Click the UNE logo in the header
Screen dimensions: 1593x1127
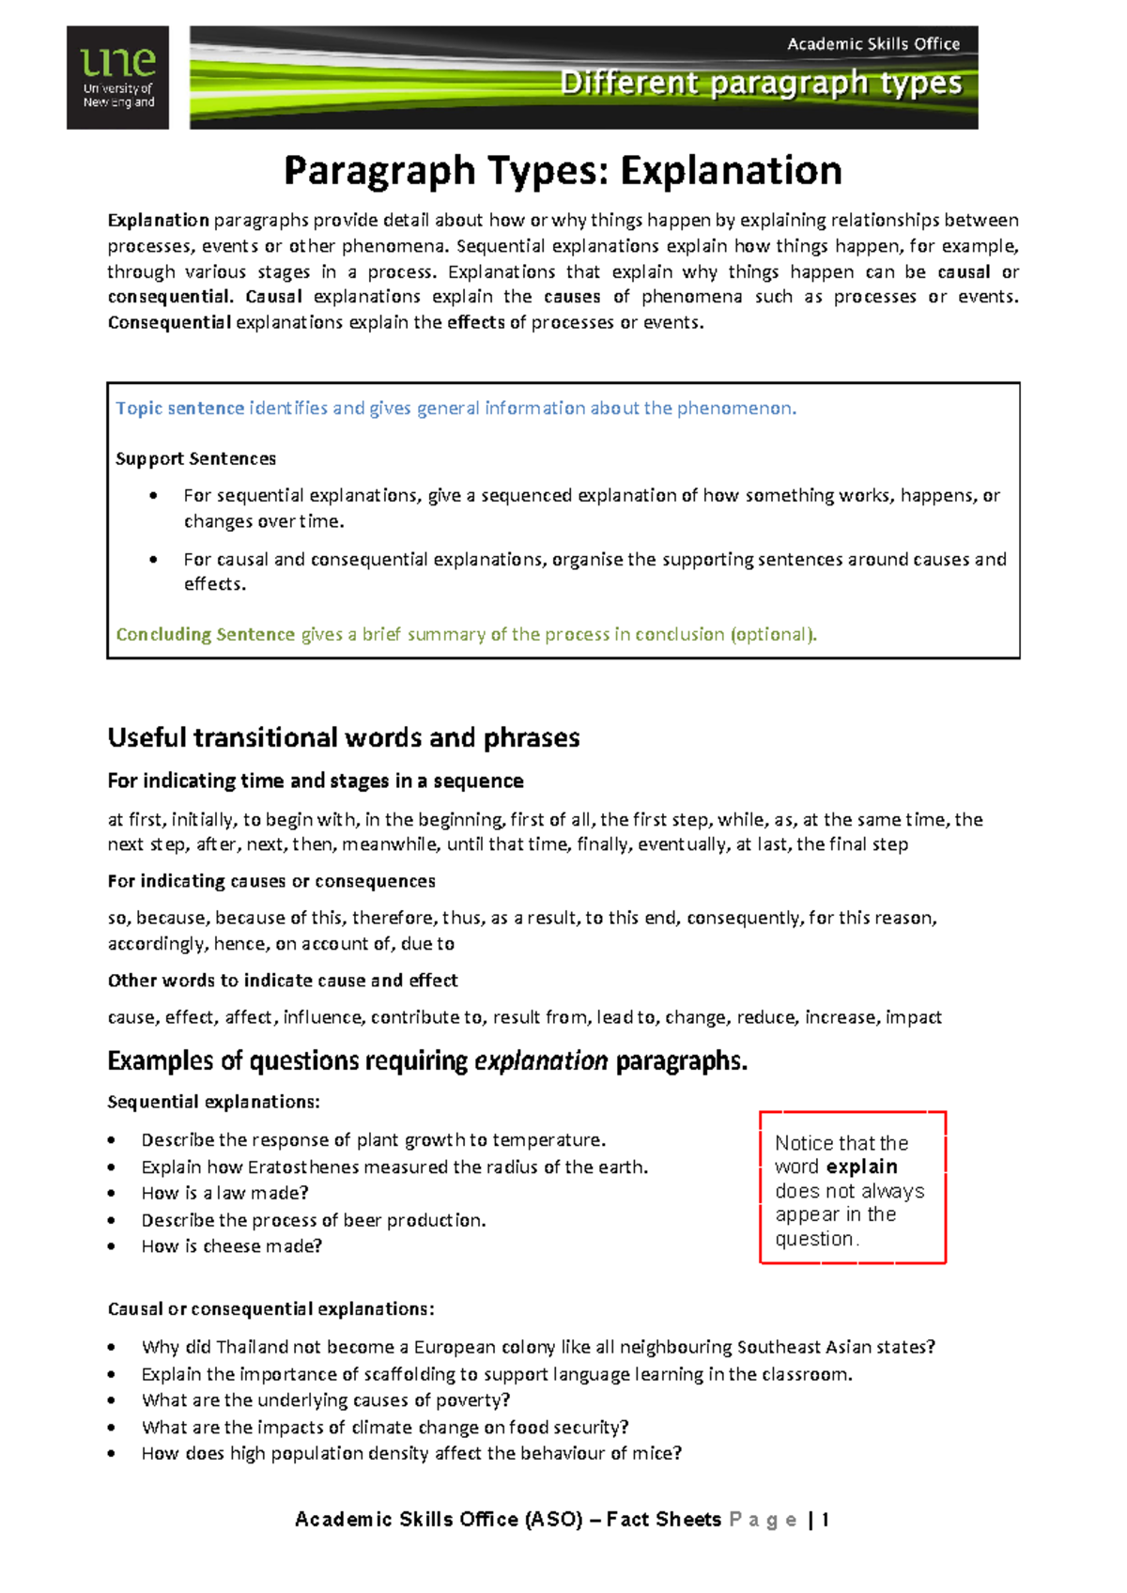click(117, 77)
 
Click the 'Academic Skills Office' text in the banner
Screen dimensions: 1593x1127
click(872, 43)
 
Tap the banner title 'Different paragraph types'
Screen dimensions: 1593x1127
click(761, 83)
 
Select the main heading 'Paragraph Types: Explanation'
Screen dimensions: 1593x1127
click(563, 171)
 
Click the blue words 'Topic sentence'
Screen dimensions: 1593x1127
click(179, 409)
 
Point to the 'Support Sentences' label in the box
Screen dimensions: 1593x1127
click(195, 459)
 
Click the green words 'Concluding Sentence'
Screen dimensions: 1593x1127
click(205, 635)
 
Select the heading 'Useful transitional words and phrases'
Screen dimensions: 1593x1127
click(343, 738)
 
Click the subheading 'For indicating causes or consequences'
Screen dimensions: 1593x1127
click(271, 882)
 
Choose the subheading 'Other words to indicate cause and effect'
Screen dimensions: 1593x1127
click(283, 981)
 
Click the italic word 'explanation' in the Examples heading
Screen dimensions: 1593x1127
click(541, 1061)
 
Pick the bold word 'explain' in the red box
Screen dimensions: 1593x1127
click(861, 1168)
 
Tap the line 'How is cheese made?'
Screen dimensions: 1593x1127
click(231, 1246)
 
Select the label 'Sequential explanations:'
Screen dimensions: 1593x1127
click(213, 1102)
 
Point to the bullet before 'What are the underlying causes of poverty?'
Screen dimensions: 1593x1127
click(112, 1400)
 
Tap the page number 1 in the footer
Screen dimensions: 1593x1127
click(825, 1520)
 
